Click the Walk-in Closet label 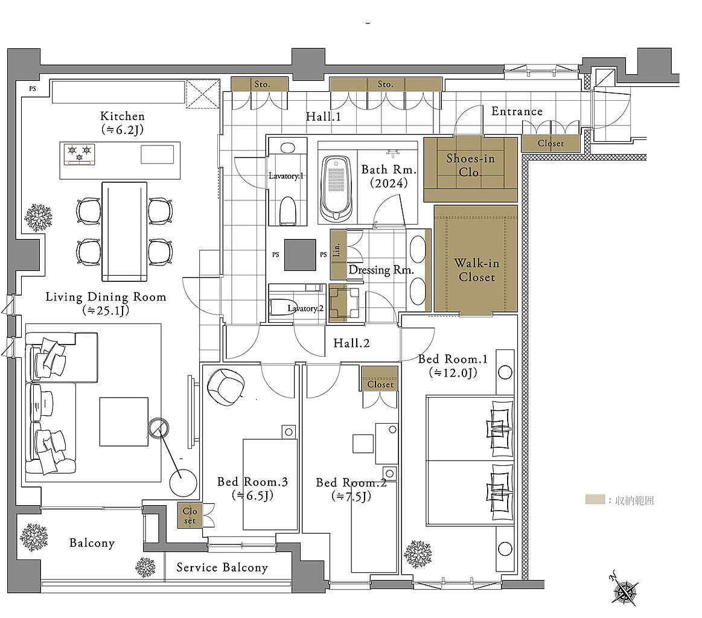click(x=476, y=270)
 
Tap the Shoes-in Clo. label click(x=471, y=165)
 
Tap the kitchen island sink click(x=157, y=154)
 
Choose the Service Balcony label click(x=222, y=567)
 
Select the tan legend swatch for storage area click(x=595, y=500)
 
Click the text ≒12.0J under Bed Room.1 click(x=453, y=372)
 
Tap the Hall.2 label click(x=351, y=343)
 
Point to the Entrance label click(x=517, y=111)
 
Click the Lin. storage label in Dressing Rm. click(x=337, y=250)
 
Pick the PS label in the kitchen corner click(x=33, y=89)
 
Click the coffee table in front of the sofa click(x=124, y=421)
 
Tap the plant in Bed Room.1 click(x=418, y=554)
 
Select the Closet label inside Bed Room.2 click(x=380, y=384)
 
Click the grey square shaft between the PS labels click(x=300, y=255)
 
